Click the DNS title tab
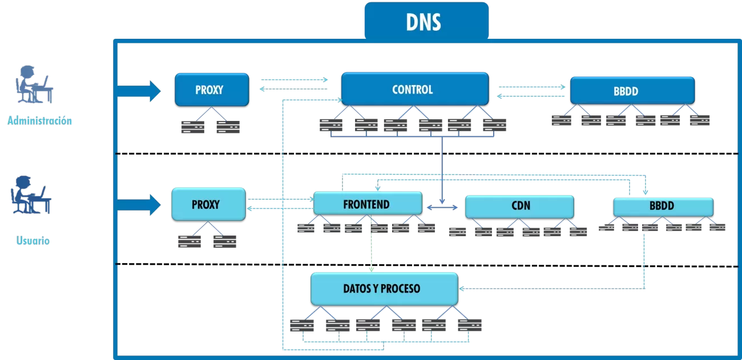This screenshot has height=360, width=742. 426,21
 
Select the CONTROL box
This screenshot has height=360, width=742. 414,90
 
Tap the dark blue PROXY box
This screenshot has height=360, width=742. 211,90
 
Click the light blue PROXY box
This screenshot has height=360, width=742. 208,204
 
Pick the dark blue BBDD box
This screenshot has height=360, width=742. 632,91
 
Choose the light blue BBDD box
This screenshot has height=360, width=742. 663,207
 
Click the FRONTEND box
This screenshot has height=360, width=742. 367,204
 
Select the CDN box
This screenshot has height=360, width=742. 519,207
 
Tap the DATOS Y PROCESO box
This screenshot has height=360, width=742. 384,289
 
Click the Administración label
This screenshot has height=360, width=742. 40,121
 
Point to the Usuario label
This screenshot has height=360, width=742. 33,241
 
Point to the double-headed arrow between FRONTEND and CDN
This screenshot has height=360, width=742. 443,207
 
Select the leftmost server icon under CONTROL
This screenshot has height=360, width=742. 331,125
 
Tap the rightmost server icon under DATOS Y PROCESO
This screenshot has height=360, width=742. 469,325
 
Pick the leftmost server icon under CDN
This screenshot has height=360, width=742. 457,232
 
